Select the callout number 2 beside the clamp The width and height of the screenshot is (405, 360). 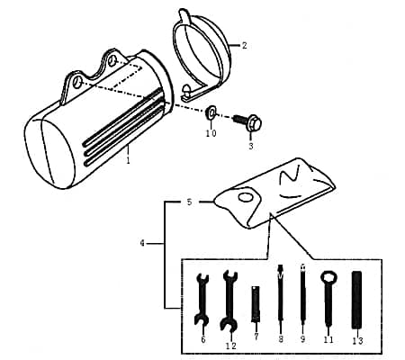pos(244,44)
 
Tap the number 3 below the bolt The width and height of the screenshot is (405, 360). pos(251,145)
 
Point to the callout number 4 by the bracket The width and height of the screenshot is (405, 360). pos(145,243)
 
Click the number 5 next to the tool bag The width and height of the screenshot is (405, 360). pos(189,202)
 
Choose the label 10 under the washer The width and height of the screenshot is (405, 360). pos(211,133)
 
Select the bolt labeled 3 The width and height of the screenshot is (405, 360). pos(245,118)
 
